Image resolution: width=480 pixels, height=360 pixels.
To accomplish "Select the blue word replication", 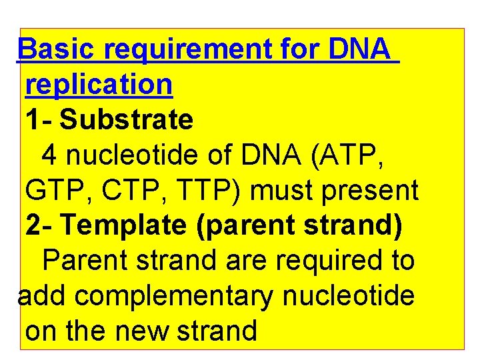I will pyautogui.click(x=99, y=84).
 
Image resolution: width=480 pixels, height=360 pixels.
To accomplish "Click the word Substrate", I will pyautogui.click(x=127, y=120).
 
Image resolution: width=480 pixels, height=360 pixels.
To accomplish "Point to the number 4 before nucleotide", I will pyautogui.click(x=49, y=155).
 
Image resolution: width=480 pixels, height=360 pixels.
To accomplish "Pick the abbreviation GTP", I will pyautogui.click(x=55, y=191).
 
